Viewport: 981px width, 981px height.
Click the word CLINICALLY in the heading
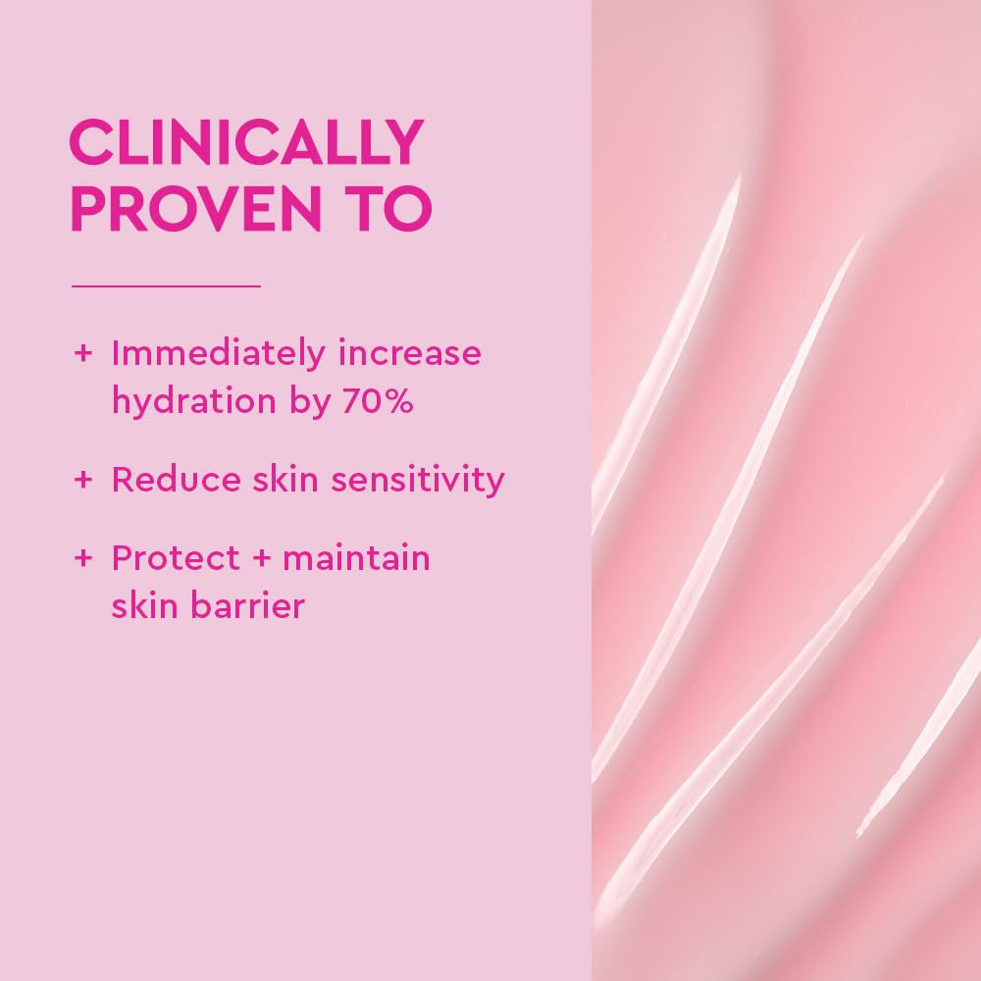[x=245, y=144]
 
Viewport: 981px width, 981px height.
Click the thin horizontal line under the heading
[x=166, y=286]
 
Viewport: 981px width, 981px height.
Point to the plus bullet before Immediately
[x=82, y=353]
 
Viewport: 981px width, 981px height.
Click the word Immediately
[x=219, y=353]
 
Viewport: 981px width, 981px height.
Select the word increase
[x=410, y=353]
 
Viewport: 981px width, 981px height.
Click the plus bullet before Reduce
[x=82, y=481]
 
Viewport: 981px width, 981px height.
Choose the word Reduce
[x=176, y=480]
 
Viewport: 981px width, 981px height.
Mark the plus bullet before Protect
[x=82, y=558]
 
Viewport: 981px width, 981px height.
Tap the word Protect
[x=175, y=558]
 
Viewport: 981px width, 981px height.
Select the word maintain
[x=356, y=558]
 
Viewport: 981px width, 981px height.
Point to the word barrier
[x=251, y=606]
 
